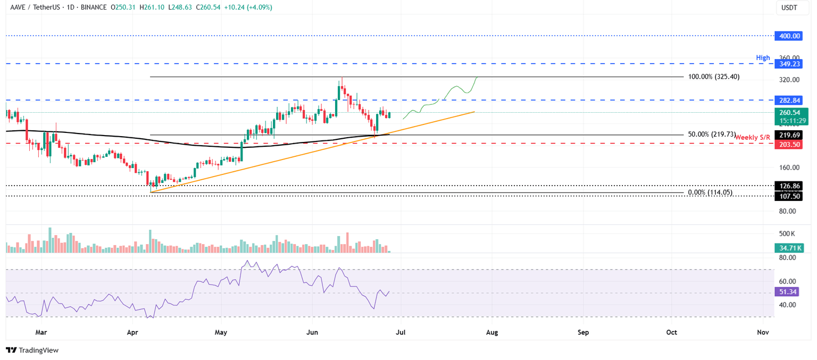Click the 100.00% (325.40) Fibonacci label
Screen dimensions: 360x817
(714, 77)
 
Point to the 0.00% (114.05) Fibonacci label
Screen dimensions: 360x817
(710, 192)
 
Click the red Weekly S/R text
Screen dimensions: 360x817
(754, 138)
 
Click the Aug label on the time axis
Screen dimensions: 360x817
(492, 332)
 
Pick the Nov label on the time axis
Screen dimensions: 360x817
(763, 332)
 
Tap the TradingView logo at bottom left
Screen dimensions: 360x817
(32, 350)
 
